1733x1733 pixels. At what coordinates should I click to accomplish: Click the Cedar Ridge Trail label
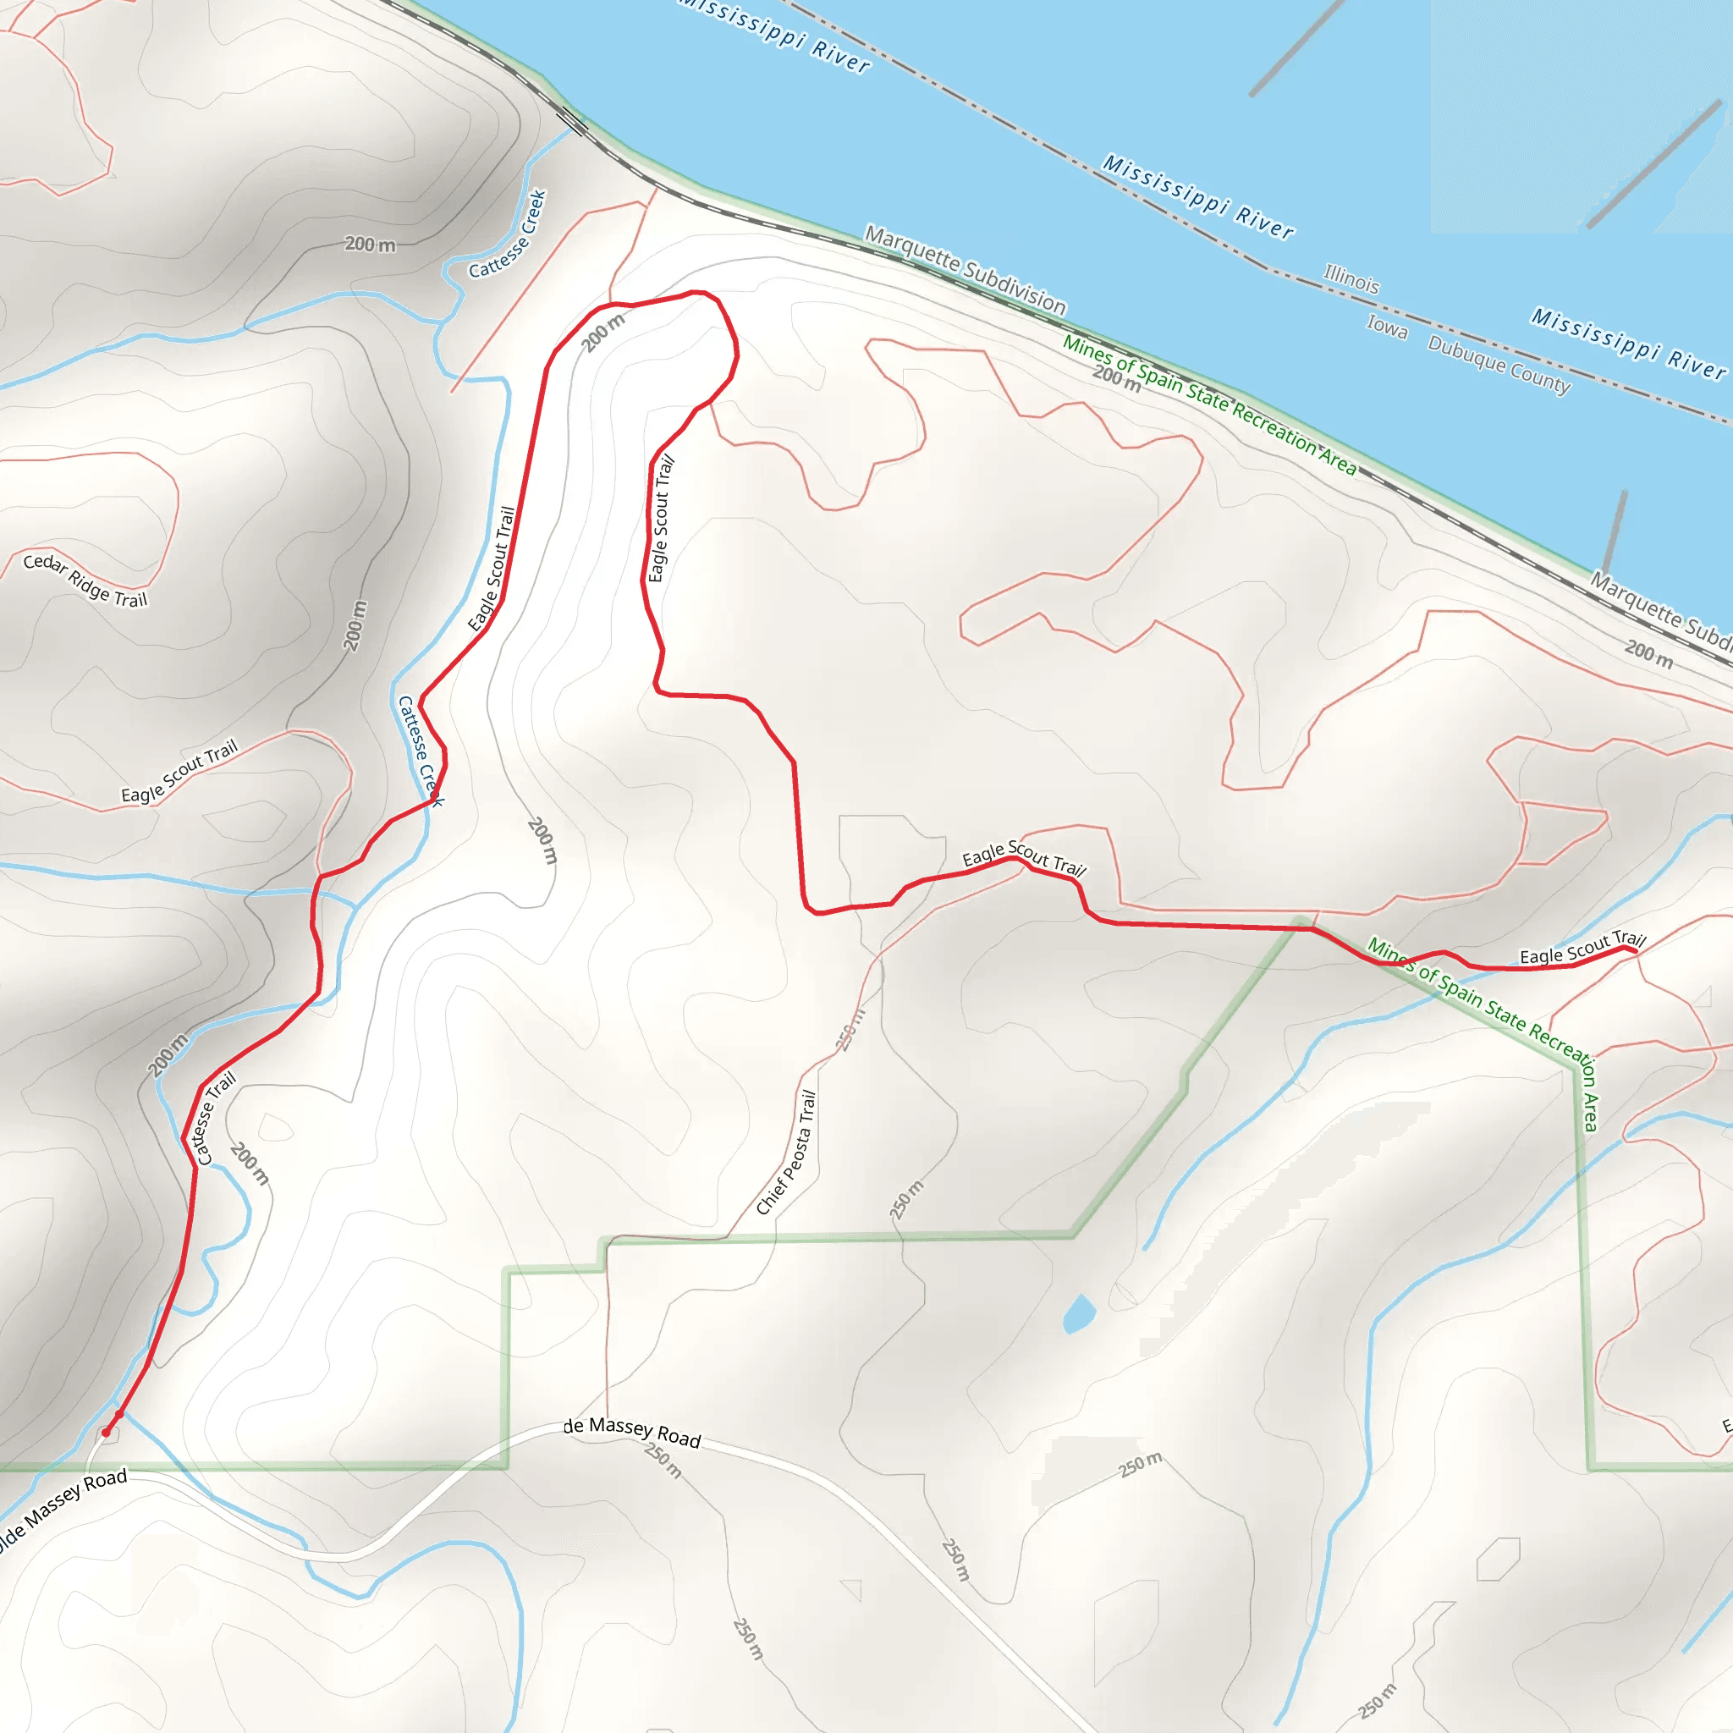coord(85,580)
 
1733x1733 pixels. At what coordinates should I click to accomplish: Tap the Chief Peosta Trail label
coord(787,1152)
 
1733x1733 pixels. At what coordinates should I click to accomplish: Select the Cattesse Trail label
coord(215,1118)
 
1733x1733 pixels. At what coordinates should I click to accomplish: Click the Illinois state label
coord(1351,279)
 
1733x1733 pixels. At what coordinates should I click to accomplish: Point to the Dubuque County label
coord(1499,364)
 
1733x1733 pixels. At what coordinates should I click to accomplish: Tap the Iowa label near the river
coord(1387,327)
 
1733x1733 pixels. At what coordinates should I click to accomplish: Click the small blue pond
coord(1079,1314)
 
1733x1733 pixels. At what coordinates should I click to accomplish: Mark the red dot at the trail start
coord(106,1433)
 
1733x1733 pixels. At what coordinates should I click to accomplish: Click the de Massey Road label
coord(631,1432)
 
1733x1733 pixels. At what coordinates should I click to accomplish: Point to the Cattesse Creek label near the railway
coord(508,234)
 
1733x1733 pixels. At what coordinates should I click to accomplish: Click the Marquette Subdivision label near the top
coord(966,270)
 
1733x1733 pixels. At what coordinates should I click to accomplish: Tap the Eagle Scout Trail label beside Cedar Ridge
coord(179,771)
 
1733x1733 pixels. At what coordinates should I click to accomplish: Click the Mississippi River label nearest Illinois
coord(1197,196)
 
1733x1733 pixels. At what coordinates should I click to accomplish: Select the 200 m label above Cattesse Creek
coord(370,244)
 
